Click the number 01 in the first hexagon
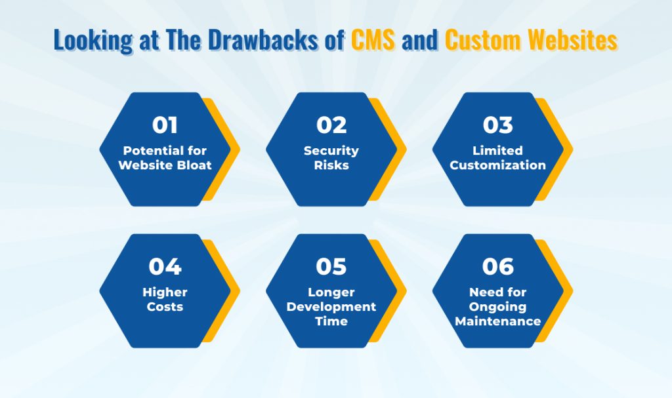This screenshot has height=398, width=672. tap(165, 125)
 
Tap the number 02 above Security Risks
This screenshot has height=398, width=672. tap(331, 125)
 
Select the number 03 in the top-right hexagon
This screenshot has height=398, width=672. tap(498, 125)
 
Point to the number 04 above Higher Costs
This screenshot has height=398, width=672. tap(165, 266)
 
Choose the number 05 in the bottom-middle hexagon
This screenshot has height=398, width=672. tap(331, 266)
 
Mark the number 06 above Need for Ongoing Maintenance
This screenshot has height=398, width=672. tap(498, 266)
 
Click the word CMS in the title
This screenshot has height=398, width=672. tap(373, 41)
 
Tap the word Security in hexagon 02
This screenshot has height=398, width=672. tap(331, 151)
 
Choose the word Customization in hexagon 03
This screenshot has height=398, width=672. tap(498, 165)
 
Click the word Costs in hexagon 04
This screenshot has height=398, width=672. tap(165, 307)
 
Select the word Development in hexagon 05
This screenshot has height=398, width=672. tap(331, 307)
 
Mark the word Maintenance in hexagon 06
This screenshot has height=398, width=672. tap(498, 321)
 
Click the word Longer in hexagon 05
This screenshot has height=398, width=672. tap(331, 292)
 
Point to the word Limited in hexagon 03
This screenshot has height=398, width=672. tap(498, 151)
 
